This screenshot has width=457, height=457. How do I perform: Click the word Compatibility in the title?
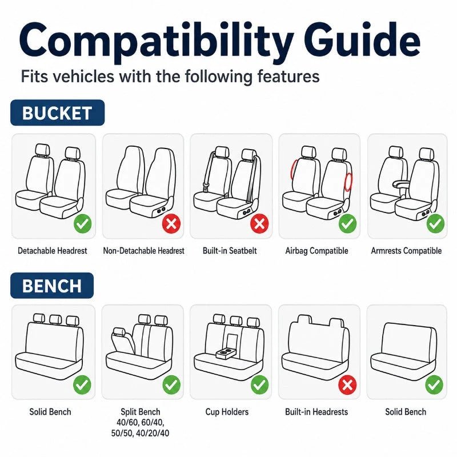[156, 43]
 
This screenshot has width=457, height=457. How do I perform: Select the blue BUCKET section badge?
[58, 113]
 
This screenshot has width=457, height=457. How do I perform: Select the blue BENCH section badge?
[52, 286]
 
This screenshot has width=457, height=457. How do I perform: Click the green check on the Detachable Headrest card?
[83, 224]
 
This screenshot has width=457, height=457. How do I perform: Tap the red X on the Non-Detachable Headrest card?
[171, 224]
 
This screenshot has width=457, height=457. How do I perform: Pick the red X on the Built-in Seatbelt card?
[259, 223]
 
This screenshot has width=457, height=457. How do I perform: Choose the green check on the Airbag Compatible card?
[347, 223]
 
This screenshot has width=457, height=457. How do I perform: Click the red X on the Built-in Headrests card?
[347, 385]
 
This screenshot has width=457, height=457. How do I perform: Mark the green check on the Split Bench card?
[171, 385]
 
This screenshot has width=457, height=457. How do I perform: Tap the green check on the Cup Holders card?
[259, 385]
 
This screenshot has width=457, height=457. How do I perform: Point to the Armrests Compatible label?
[406, 251]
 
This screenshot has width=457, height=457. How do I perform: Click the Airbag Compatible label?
[317, 251]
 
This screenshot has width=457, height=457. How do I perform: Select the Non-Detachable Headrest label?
[144, 251]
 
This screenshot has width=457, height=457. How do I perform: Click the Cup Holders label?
[227, 412]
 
